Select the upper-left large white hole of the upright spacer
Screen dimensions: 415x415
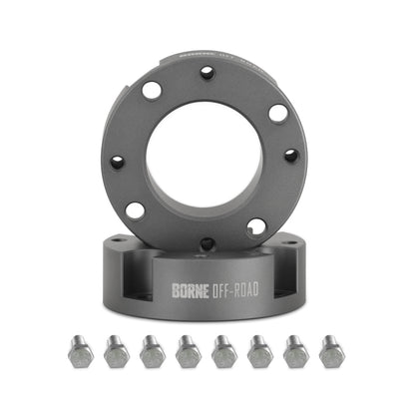click(152, 91)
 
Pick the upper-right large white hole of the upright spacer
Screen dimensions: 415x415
click(278, 113)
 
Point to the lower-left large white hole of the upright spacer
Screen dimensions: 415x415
click(135, 210)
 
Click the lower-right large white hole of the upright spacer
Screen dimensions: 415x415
click(257, 227)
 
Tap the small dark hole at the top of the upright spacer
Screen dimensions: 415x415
click(207, 73)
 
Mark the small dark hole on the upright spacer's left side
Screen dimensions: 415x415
click(118, 161)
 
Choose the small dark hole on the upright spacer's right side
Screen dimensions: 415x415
click(291, 156)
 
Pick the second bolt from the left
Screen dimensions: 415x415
click(117, 351)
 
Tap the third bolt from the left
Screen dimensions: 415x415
click(153, 351)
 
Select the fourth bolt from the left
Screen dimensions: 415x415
click(189, 351)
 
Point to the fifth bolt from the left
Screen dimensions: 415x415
click(224, 351)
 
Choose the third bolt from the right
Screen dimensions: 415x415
click(260, 351)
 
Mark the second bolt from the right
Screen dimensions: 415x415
click(296, 351)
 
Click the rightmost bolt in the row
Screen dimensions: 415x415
click(331, 351)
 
